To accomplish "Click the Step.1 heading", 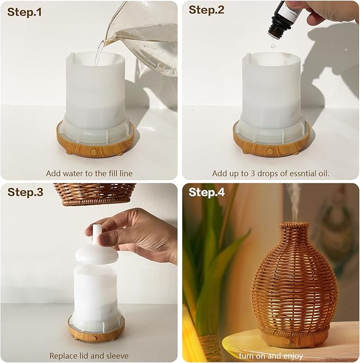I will [24, 12].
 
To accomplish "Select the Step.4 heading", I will [207, 192].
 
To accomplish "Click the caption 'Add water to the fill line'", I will [89, 173].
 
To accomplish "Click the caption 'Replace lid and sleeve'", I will [89, 356].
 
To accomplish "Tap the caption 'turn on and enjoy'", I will [270, 356].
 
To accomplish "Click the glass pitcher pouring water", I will [146, 37].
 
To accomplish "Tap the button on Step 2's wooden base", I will [270, 152].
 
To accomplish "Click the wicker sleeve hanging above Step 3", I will [95, 193].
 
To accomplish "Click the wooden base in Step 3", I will [95, 334].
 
